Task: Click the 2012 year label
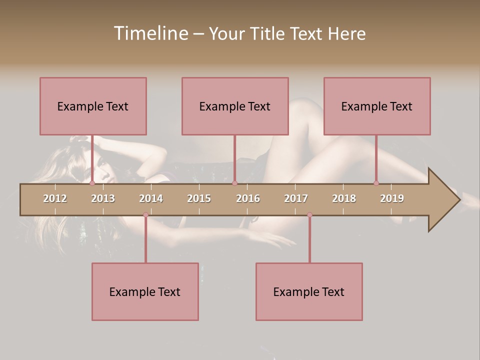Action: pyautogui.click(x=55, y=198)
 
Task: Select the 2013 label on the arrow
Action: pyautogui.click(x=103, y=198)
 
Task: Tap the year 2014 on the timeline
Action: pyautogui.click(x=151, y=198)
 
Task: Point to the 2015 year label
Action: pyautogui.click(x=199, y=198)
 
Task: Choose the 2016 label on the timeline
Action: pyautogui.click(x=248, y=198)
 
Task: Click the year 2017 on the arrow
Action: pyautogui.click(x=296, y=198)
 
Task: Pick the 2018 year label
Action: pyautogui.click(x=344, y=198)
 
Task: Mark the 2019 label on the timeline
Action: pyautogui.click(x=392, y=198)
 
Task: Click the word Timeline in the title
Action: pyautogui.click(x=150, y=33)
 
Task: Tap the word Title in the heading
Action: pyautogui.click(x=268, y=33)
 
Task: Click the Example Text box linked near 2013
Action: pyautogui.click(x=93, y=106)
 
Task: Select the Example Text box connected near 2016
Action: pyautogui.click(x=235, y=106)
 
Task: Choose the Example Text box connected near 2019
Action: pyautogui.click(x=377, y=106)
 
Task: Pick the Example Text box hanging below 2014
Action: pyautogui.click(x=145, y=291)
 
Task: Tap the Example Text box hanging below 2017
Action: pyautogui.click(x=309, y=291)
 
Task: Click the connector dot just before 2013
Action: pyautogui.click(x=92, y=183)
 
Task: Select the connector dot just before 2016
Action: pyautogui.click(x=234, y=183)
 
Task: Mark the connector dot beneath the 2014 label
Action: pyautogui.click(x=145, y=214)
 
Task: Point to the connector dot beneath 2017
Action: pyautogui.click(x=309, y=214)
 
